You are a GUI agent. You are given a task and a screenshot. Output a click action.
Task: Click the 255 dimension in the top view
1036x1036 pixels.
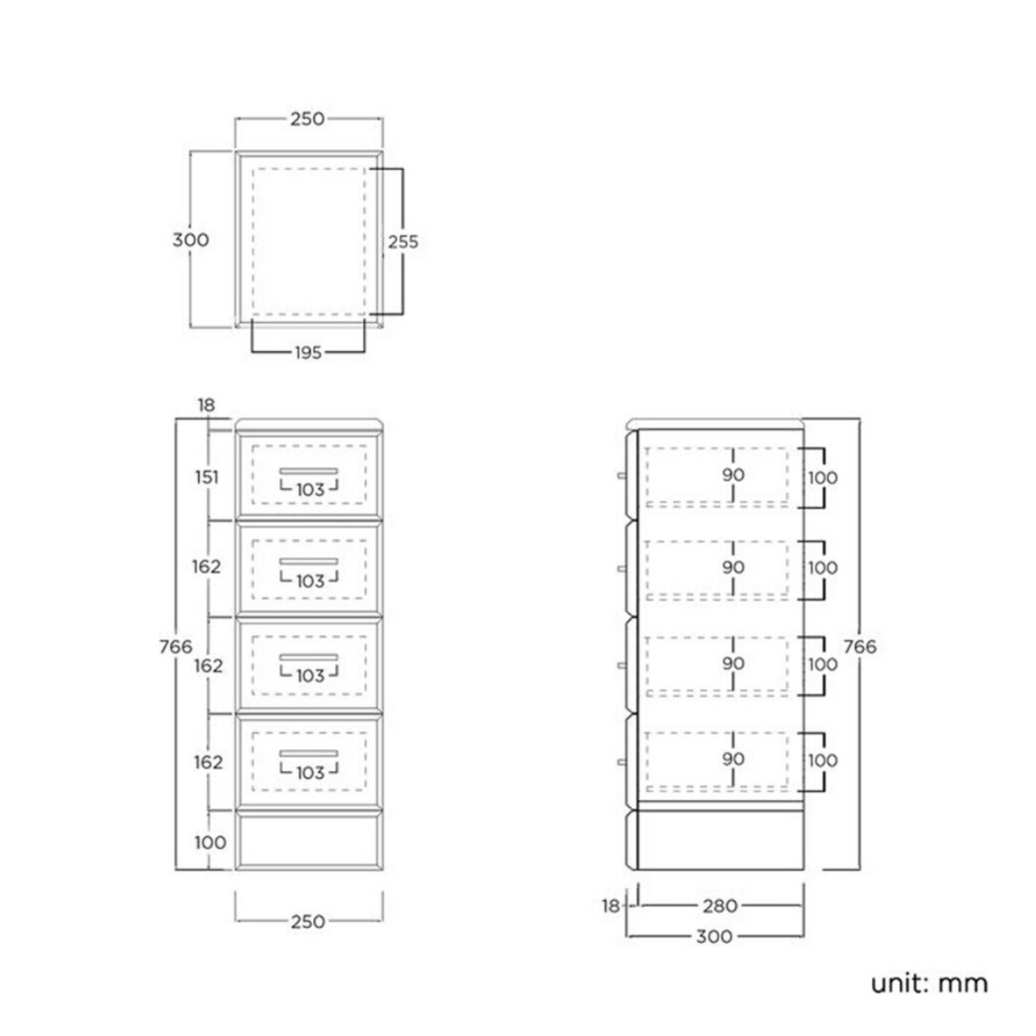pos(403,242)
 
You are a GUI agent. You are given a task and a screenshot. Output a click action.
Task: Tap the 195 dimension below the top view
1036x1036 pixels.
pos(308,353)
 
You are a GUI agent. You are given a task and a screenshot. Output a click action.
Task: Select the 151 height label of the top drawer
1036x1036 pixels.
pos(207,476)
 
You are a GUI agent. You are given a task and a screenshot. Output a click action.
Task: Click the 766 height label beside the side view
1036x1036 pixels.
pos(860,647)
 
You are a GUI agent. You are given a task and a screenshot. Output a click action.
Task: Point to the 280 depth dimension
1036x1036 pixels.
pos(719,906)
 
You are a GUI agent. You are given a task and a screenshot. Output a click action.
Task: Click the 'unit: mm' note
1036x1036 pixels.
pos(929,983)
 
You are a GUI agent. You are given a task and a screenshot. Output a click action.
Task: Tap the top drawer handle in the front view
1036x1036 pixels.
pos(309,471)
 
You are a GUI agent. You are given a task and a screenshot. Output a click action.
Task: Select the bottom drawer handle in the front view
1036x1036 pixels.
pos(309,754)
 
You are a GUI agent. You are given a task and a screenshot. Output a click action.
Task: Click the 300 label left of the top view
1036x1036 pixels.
pos(191,239)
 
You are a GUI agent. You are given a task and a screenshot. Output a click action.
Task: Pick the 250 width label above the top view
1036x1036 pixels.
pos(308,119)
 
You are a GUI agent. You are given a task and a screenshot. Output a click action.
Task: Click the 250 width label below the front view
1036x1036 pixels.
pos(308,921)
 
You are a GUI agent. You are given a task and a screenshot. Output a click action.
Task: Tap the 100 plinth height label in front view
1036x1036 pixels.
pos(211,842)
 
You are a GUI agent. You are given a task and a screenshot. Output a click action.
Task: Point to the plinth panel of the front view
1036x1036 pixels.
pos(309,842)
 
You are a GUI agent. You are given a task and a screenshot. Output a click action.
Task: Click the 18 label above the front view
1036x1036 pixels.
pos(206,405)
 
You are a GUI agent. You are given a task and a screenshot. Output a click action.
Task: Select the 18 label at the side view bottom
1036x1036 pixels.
pos(611,906)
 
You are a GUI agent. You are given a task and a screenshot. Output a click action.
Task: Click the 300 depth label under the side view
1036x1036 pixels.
pos(714,936)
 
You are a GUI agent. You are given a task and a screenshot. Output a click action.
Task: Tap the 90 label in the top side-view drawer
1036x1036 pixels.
pos(733,475)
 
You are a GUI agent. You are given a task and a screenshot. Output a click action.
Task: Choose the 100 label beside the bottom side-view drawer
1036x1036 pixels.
pos(823,761)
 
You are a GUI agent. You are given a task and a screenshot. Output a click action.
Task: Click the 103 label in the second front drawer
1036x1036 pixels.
pos(310,582)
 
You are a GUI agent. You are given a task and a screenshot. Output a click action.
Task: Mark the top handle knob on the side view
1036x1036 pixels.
pos(622,475)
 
